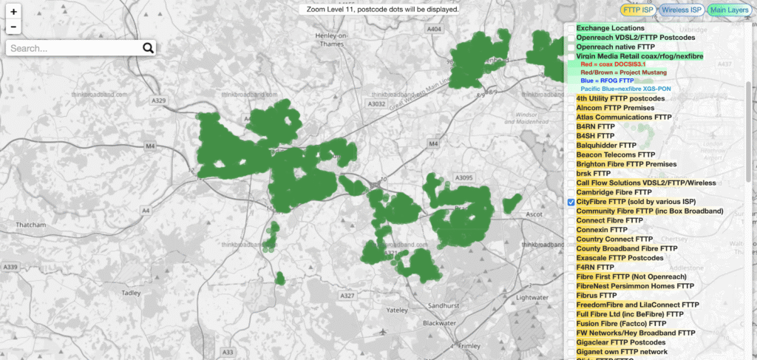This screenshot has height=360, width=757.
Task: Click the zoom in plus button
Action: pos(14,12)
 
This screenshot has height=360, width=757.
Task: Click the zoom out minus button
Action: pos(14,27)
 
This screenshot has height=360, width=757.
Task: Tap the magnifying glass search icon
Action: pos(148,48)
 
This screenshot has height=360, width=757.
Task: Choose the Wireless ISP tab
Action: pos(681,10)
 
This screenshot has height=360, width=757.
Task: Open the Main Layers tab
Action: pos(727,10)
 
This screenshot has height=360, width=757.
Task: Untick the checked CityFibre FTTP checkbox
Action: pos(571,202)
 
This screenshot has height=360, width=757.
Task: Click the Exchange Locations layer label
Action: pos(615,28)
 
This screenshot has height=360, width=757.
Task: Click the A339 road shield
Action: pos(10,266)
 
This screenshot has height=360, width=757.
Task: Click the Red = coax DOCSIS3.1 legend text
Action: pos(613,64)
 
